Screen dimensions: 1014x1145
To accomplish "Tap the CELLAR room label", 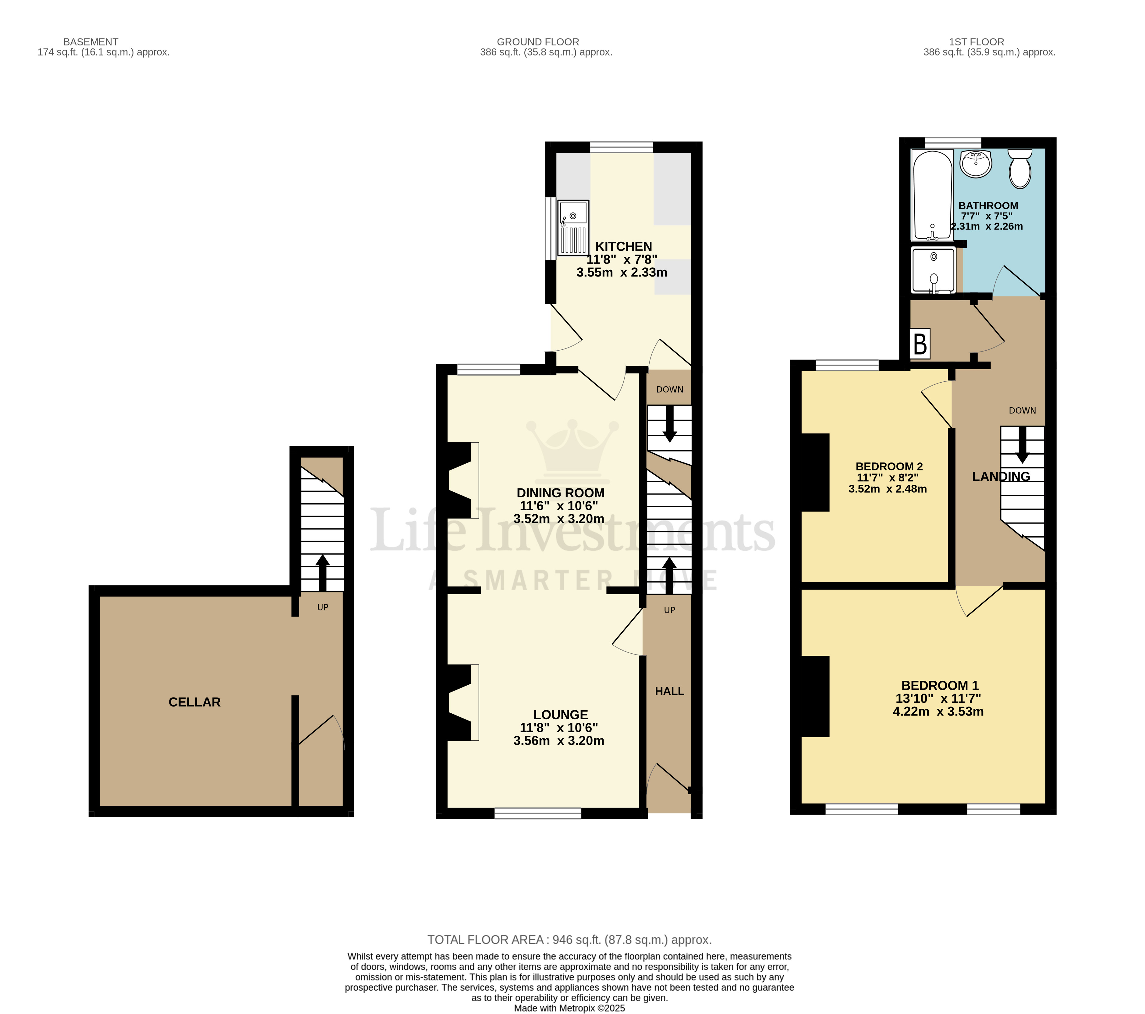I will (x=194, y=702).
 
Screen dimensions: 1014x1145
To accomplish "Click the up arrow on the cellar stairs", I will (x=322, y=572).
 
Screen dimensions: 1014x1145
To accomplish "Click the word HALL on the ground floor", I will (x=669, y=691).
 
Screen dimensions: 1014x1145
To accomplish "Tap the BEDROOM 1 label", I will (x=939, y=685).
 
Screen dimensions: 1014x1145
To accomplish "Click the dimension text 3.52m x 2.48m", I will (x=887, y=489).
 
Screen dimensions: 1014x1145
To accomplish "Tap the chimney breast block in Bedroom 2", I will (x=815, y=472).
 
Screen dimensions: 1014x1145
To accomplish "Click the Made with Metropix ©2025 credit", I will (x=569, y=1008).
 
